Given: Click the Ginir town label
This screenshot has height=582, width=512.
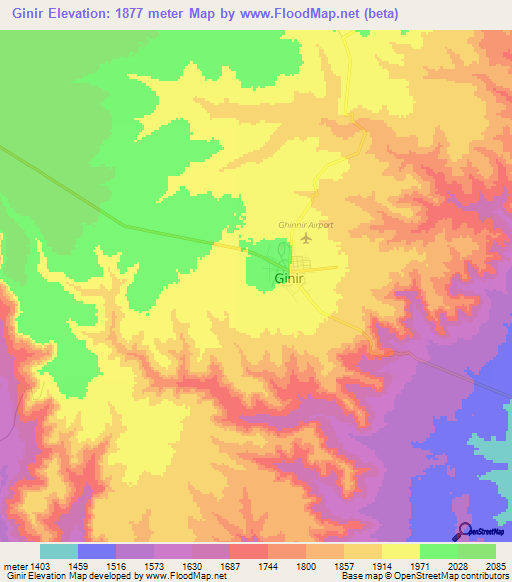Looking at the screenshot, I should [x=289, y=278].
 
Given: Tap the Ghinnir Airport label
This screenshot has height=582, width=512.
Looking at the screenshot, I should [x=305, y=225].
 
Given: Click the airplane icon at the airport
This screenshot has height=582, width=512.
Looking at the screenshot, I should [x=307, y=238].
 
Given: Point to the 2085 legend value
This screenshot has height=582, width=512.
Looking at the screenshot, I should [x=496, y=566].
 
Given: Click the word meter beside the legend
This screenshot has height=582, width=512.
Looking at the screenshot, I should [x=13, y=566].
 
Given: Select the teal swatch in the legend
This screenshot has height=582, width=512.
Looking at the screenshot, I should [x=59, y=551].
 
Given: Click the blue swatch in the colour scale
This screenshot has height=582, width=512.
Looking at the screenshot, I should [x=97, y=551].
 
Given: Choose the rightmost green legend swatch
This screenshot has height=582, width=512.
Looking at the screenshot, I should [x=477, y=551].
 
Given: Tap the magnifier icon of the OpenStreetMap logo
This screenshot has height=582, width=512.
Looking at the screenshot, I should [x=463, y=531].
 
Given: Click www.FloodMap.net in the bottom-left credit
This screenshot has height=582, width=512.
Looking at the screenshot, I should [x=186, y=577].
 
